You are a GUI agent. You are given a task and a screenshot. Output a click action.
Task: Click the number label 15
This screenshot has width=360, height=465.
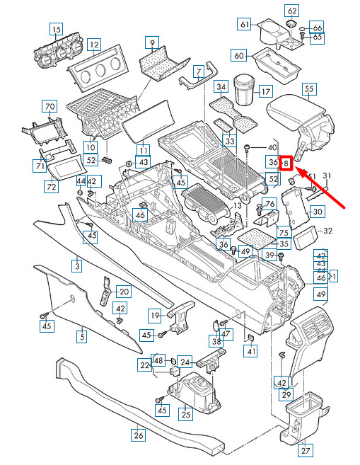click(x=57, y=30)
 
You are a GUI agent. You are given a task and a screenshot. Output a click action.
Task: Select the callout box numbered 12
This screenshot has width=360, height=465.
click(x=94, y=45)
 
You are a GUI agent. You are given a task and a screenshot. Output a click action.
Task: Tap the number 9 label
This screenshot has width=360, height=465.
click(x=152, y=42)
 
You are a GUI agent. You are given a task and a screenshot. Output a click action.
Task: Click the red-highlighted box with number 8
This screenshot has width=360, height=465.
click(x=286, y=163)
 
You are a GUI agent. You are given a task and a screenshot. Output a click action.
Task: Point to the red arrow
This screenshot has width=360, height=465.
click(x=321, y=188)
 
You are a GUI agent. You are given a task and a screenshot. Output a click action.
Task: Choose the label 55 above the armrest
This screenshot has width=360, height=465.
click(x=309, y=88)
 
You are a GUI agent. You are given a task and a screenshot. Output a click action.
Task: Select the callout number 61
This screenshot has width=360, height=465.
click(x=245, y=24)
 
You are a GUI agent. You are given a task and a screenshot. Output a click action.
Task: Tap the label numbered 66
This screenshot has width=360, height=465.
click(x=317, y=28)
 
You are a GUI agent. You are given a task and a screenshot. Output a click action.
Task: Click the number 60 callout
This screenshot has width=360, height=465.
click(x=239, y=55)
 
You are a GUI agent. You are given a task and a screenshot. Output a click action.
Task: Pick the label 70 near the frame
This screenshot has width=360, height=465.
click(x=50, y=106)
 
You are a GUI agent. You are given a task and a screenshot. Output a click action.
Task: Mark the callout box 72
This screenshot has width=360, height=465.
click(x=51, y=187)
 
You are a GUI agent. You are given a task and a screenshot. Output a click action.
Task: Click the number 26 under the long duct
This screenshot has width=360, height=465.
click(x=139, y=435)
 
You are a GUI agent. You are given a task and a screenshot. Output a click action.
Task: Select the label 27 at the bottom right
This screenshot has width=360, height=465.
click(x=305, y=450)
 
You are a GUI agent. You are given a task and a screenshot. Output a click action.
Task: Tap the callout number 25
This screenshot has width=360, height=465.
click(x=186, y=414)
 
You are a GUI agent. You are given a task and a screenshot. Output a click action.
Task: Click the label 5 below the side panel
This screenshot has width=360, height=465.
click(x=82, y=337)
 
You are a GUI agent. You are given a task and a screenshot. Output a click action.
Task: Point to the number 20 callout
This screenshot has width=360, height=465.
click(x=124, y=292)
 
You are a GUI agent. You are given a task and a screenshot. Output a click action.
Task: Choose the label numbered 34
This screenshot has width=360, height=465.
click(x=221, y=87)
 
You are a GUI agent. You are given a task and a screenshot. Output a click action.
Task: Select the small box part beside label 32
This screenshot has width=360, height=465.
click(x=305, y=237)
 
